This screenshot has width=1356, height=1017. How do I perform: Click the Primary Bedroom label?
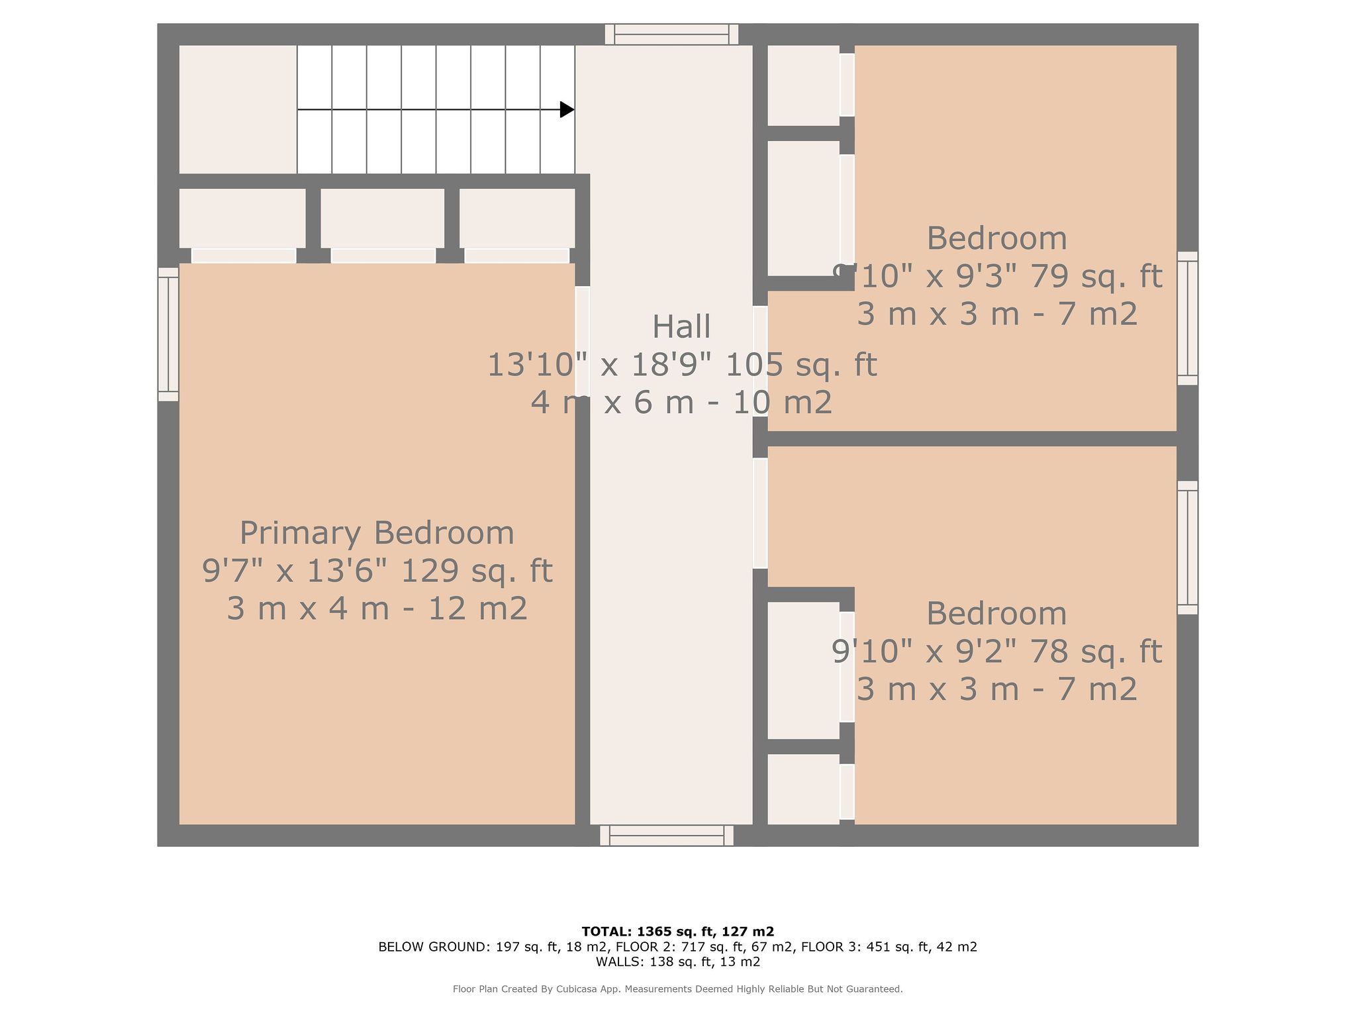tap(377, 533)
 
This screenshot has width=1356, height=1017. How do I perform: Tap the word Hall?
tap(681, 326)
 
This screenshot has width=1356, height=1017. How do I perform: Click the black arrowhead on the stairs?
tap(567, 109)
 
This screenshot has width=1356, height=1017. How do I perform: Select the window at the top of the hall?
tap(671, 34)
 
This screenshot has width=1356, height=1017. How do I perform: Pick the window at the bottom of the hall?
tap(667, 835)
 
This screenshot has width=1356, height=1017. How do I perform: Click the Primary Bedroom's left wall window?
tap(168, 334)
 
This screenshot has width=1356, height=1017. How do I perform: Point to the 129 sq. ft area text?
tap(477, 571)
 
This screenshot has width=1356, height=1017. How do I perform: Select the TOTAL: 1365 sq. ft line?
tap(678, 932)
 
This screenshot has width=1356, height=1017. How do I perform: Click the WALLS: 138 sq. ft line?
tap(678, 962)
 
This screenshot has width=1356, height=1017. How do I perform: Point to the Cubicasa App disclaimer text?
tap(678, 989)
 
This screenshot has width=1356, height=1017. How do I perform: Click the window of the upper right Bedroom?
tap(1188, 318)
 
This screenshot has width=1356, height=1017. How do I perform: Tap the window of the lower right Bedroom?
tap(1188, 548)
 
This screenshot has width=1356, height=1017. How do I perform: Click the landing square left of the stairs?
tap(238, 109)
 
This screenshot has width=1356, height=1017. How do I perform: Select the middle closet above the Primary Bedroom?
tap(383, 218)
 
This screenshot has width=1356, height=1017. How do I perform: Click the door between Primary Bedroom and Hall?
tap(582, 341)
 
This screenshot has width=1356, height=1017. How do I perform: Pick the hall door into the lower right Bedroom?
tap(760, 513)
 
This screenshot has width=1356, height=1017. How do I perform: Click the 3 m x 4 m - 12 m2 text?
tap(377, 608)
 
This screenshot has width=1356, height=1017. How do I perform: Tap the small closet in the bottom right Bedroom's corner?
tap(803, 789)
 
